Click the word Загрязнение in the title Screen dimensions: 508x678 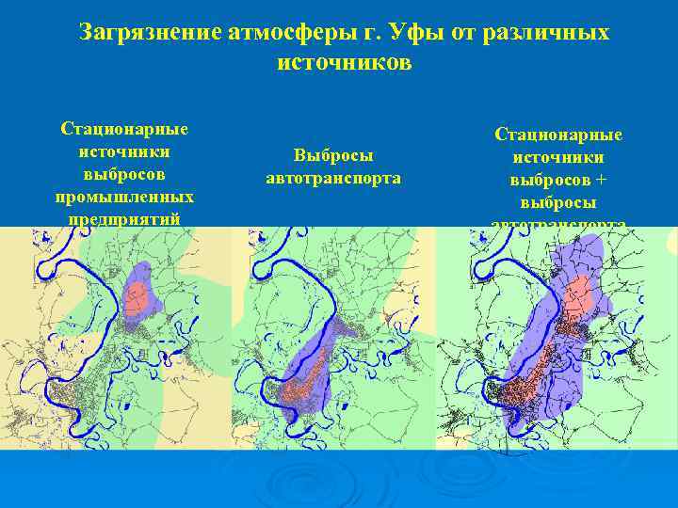click(150, 34)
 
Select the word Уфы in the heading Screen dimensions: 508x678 click(413, 34)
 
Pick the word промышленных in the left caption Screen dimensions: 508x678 click(124, 197)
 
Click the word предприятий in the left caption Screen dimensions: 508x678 click(124, 218)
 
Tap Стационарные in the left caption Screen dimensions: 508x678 click(124, 129)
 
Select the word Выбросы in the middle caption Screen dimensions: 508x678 click(333, 155)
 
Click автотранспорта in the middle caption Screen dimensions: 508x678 click(333, 178)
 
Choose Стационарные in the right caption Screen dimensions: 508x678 click(558, 135)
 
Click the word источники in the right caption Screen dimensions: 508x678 click(558, 158)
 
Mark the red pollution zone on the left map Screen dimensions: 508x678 click(137, 301)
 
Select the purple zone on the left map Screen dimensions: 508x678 click(143, 278)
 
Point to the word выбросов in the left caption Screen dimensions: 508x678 click(124, 174)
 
